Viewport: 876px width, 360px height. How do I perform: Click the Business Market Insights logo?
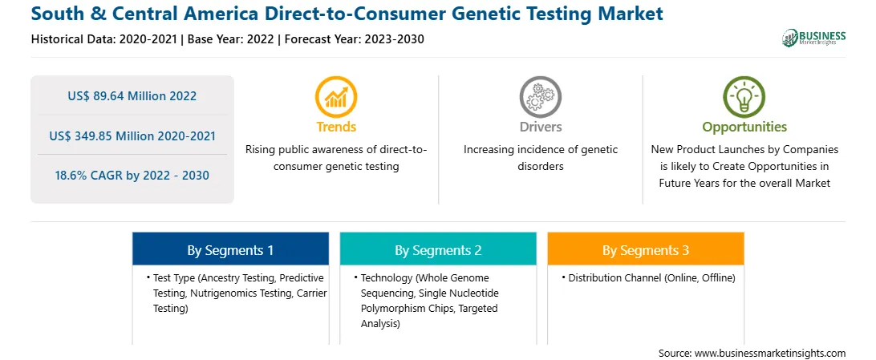click(814, 38)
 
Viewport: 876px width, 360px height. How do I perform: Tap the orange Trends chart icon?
click(336, 96)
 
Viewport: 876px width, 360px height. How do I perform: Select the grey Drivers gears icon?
click(540, 96)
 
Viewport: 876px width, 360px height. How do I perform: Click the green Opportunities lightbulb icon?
click(744, 96)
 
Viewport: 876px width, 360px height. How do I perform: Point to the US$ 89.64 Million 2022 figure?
click(132, 96)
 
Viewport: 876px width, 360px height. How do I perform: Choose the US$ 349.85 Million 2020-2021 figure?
click(132, 136)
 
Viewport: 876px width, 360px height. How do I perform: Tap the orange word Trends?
click(336, 127)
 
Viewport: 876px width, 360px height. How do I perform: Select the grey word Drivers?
click(540, 127)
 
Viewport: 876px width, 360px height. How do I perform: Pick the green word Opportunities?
click(744, 127)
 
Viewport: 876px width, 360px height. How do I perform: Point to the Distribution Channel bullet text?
click(651, 278)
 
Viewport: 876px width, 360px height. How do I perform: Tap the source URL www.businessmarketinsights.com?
click(769, 354)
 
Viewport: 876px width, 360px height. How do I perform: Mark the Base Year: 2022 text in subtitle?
click(230, 39)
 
